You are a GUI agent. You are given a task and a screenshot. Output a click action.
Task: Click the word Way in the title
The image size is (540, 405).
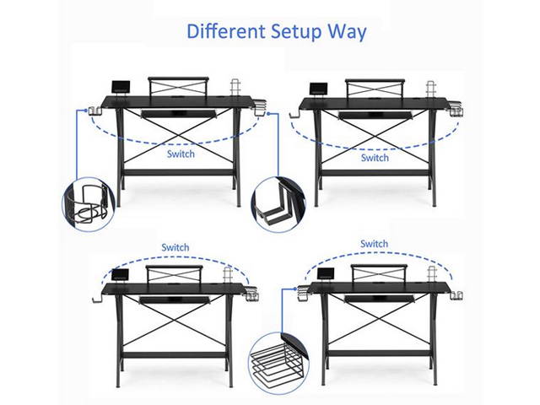348,33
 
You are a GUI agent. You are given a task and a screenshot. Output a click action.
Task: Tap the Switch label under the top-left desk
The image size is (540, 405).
181,154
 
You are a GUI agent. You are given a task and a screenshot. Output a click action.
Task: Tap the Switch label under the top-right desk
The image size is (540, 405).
375,158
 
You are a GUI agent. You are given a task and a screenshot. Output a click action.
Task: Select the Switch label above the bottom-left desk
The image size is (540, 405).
175,247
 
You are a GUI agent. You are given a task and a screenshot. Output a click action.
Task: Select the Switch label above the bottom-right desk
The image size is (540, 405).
374,244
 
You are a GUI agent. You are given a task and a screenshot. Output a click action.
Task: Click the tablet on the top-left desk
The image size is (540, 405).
120,88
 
